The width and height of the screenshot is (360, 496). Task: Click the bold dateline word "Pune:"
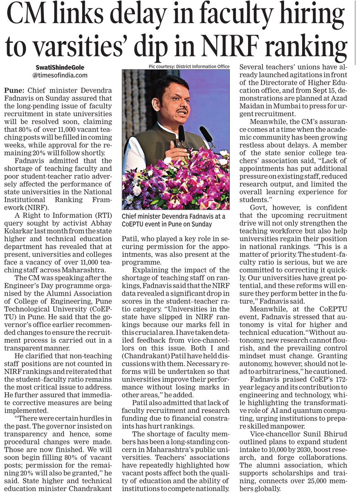pyautogui.click(x=14, y=90)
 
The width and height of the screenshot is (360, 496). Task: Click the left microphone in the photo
pyautogui.click(x=181, y=134)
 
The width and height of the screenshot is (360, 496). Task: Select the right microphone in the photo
pyautogui.click(x=205, y=134)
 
